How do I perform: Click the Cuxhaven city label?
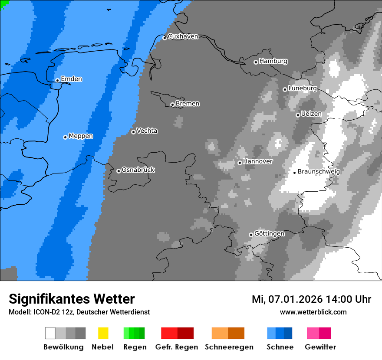183,36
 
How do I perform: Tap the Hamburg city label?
273,61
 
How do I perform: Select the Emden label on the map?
71,79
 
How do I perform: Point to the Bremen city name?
188,104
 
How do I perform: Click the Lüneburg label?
303,88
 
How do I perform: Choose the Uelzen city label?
311,114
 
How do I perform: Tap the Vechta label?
147,131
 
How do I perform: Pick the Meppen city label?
81,136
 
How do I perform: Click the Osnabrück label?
138,170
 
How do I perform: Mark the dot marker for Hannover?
240,163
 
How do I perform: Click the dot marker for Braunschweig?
294,173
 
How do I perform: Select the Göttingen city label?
269,233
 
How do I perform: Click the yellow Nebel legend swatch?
103,333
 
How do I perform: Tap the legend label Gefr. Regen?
177,347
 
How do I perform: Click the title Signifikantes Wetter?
72,299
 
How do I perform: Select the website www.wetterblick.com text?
313,312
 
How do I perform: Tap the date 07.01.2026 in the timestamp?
293,299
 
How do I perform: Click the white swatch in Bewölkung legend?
50,333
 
